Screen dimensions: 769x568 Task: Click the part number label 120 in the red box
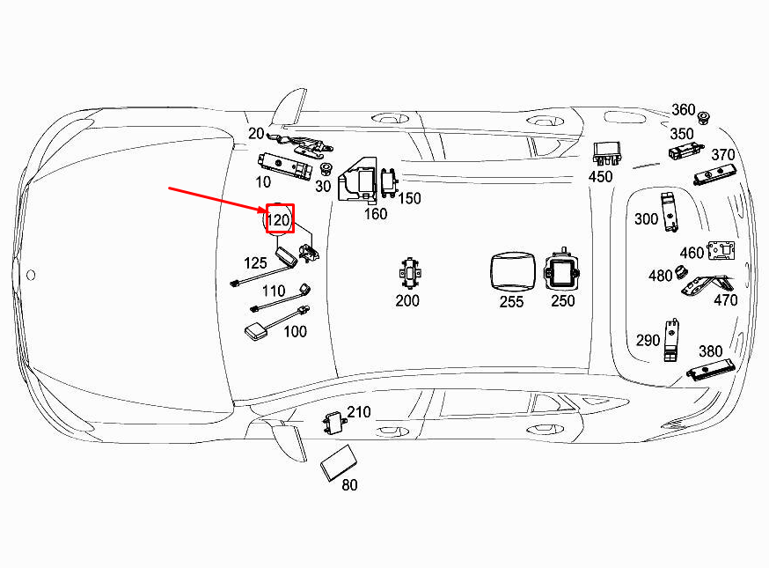tap(278, 220)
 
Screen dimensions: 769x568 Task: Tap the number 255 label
tap(511, 301)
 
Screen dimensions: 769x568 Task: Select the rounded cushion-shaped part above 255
tap(512, 272)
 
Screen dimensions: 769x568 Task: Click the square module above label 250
tap(561, 271)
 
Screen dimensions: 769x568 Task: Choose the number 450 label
tap(600, 176)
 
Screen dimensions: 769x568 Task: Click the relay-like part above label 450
tap(607, 153)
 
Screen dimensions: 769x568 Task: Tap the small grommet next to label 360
tap(704, 118)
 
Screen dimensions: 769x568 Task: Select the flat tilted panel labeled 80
tap(339, 462)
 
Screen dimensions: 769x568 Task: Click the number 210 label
tap(358, 412)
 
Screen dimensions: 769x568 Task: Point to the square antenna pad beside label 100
tap(256, 331)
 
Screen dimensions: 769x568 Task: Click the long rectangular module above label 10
tap(285, 166)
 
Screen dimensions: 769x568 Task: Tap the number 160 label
tap(375, 214)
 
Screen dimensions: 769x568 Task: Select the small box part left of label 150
tap(390, 182)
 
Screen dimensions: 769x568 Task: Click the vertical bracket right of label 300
tap(669, 211)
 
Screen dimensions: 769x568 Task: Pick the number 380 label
tap(711, 351)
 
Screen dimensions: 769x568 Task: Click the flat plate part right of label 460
tap(721, 250)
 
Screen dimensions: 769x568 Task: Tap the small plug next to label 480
tap(680, 272)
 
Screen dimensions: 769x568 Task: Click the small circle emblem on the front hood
tap(31, 275)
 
